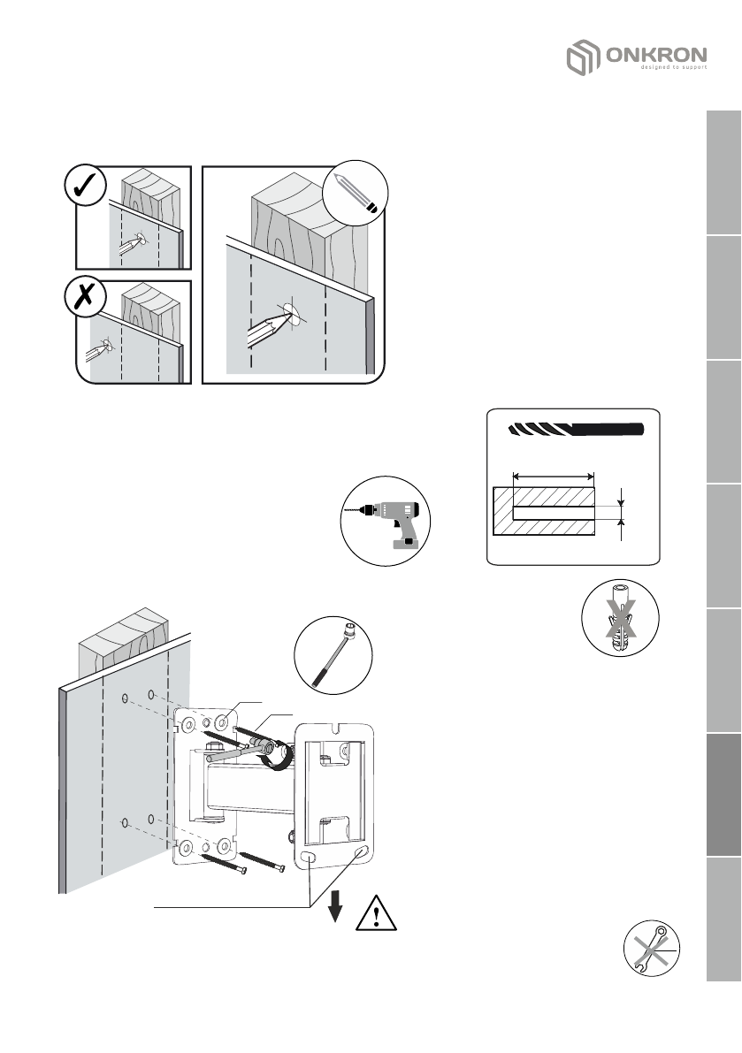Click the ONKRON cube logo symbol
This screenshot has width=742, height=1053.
point(581,61)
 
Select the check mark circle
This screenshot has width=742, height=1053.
point(87,188)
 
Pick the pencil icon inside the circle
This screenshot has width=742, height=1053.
point(356,195)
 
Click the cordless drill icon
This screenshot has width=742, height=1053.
point(386,522)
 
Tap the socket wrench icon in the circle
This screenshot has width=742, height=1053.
point(333,655)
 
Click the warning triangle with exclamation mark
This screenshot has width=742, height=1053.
point(377,912)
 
